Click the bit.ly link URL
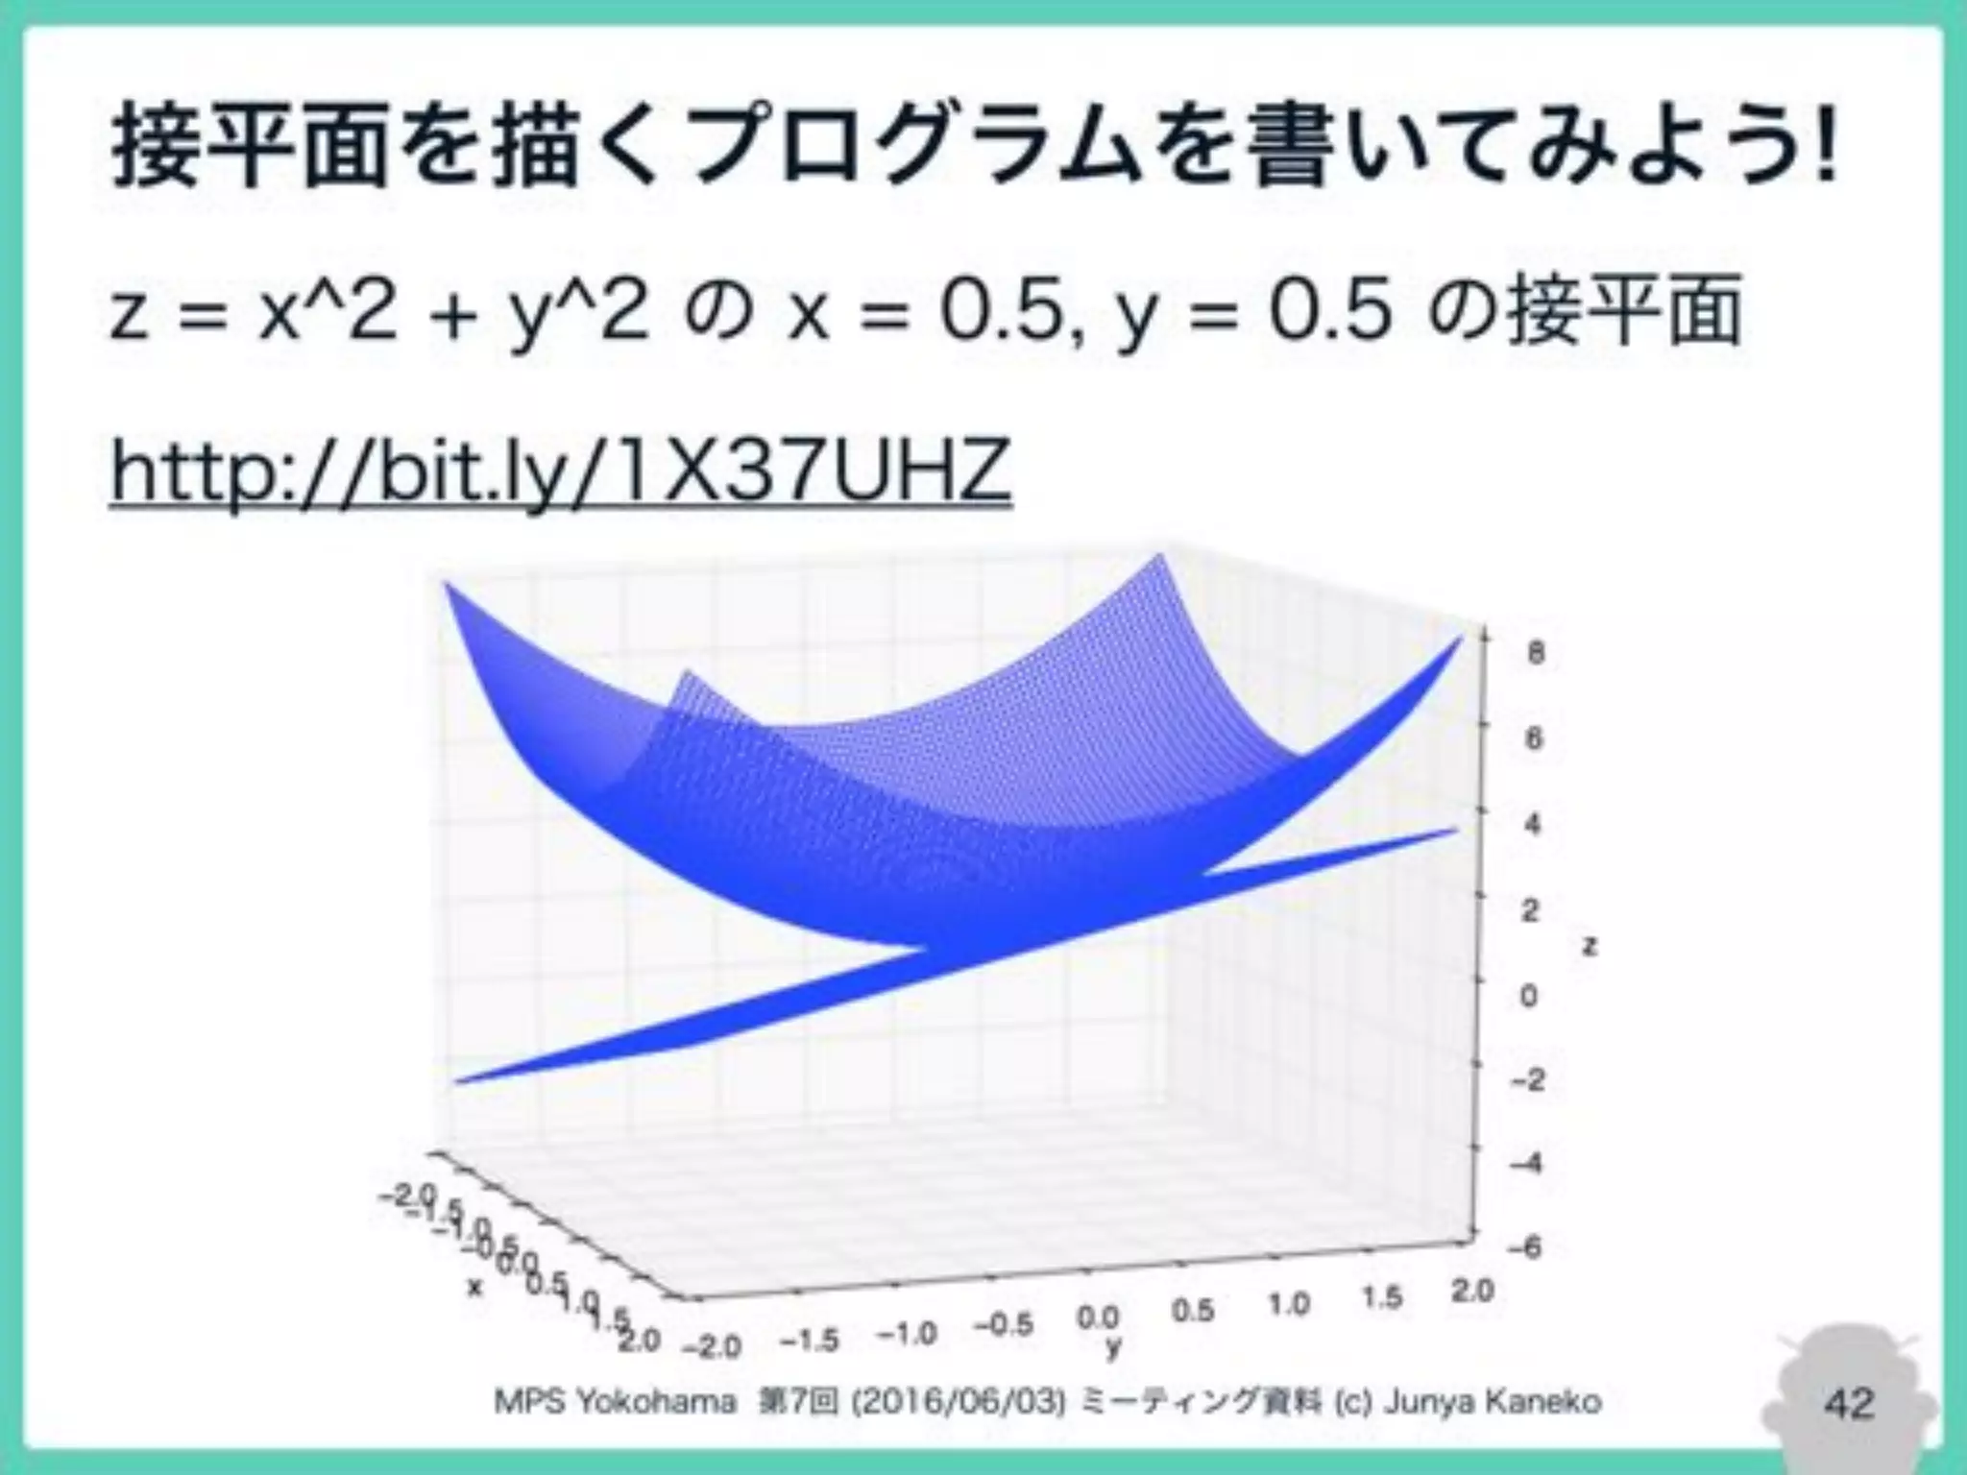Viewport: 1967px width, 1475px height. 561,472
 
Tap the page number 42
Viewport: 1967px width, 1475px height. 1849,1402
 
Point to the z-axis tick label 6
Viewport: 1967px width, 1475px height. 1535,738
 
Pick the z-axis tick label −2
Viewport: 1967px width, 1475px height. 1525,1080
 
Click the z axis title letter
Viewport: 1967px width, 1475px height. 1590,946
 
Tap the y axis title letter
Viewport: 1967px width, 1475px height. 1113,1348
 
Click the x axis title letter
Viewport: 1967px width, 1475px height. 473,1286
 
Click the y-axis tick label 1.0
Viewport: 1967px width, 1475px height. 1288,1304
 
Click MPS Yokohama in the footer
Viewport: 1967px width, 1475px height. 615,1402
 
